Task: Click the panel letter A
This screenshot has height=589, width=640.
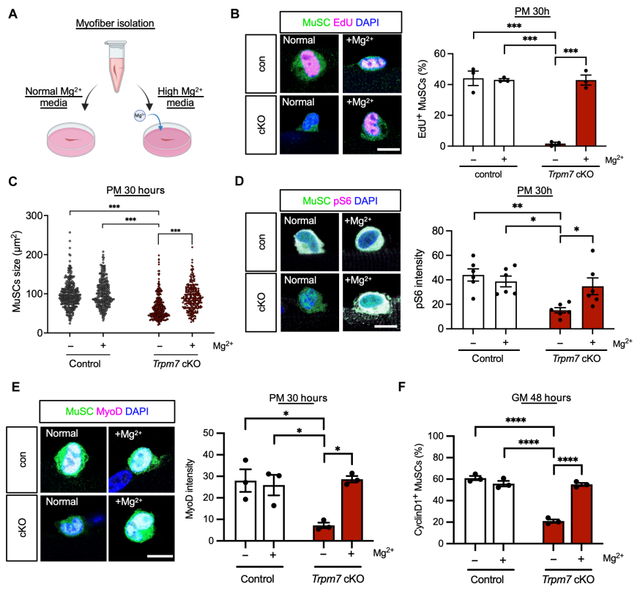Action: (12, 13)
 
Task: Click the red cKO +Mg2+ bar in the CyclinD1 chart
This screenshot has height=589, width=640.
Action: (582, 513)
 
